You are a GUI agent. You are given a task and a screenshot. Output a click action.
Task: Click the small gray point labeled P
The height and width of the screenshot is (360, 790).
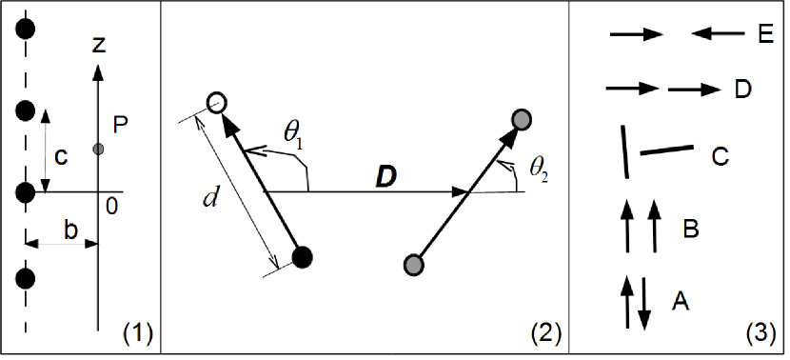coord(98,149)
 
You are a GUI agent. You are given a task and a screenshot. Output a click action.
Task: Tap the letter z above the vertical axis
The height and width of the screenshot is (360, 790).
coord(99,44)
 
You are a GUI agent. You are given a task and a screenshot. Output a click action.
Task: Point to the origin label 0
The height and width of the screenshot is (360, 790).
coord(111,206)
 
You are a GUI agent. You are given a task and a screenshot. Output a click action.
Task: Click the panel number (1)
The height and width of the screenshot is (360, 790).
coord(137,333)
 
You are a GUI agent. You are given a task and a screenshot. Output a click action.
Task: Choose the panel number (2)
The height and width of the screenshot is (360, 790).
coord(545,333)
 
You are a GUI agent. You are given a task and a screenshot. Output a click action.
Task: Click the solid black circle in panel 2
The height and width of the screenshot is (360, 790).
coord(303,256)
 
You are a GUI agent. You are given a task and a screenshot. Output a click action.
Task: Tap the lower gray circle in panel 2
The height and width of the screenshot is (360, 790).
coord(414,263)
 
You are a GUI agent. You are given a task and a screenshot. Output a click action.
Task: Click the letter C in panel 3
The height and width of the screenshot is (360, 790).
coord(721,153)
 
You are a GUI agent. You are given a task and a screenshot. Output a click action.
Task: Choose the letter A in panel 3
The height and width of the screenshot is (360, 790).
coord(681,302)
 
